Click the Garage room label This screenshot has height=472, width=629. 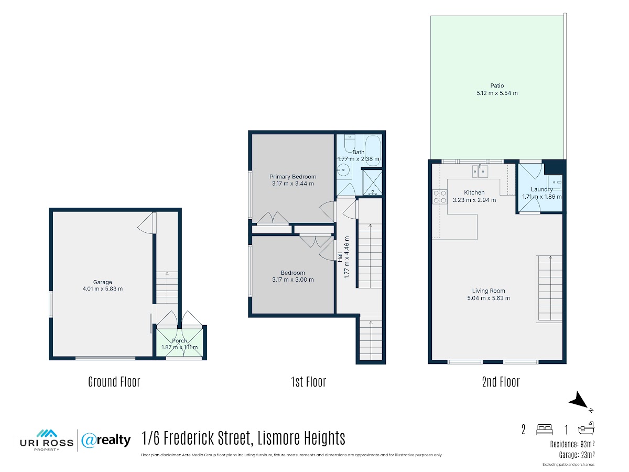[102, 282]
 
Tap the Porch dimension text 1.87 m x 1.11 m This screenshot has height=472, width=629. [179, 347]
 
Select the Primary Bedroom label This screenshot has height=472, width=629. [292, 177]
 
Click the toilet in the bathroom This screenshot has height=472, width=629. [350, 143]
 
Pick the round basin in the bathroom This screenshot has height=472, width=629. [343, 171]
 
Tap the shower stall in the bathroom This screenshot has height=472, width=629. [372, 183]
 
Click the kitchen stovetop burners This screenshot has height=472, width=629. [440, 197]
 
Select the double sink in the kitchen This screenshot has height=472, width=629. [480, 171]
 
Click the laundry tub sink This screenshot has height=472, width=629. [555, 183]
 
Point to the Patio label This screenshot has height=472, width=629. [497, 85]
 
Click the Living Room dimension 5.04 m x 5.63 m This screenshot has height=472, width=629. [489, 298]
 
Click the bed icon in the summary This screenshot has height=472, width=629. [545, 430]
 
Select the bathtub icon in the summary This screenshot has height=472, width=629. [586, 428]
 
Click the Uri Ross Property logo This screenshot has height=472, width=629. [47, 441]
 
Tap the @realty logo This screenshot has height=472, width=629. [106, 440]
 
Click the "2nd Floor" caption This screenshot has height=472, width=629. [501, 382]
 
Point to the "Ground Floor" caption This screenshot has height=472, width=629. [114, 382]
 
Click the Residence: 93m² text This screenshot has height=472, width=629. [572, 445]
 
